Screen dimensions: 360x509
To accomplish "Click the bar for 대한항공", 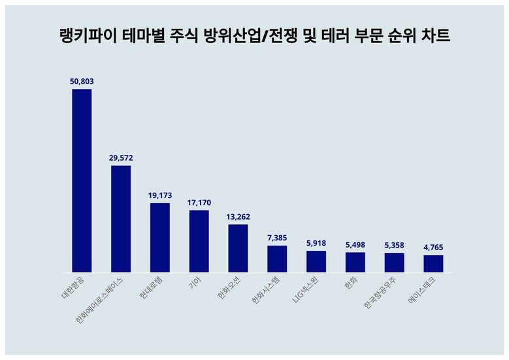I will coord(82,180).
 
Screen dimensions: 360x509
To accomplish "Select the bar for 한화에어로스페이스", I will coord(121,219).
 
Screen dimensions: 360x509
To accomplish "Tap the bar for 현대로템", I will coord(160,238).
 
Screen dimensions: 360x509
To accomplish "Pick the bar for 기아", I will coord(199,241).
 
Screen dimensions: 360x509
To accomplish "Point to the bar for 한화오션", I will coord(238,248).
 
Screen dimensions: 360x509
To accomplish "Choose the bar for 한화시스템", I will coord(277,259).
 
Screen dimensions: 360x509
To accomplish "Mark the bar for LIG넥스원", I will coord(316,261).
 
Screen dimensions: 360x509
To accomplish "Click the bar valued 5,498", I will coord(355,262).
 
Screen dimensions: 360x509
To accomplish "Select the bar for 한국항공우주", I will coord(394,263).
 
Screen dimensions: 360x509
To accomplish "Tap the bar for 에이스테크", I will coord(433,263).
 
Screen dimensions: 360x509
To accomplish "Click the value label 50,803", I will coord(82,81).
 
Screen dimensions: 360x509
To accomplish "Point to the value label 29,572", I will coord(121,157).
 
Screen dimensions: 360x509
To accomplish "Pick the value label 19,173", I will coord(160,195).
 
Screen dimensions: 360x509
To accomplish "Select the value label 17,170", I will coord(199,203).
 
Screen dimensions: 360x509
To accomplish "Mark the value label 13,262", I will coord(238,216).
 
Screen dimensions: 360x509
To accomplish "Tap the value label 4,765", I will coord(433,247).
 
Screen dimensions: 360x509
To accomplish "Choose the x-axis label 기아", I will coord(195,282).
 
